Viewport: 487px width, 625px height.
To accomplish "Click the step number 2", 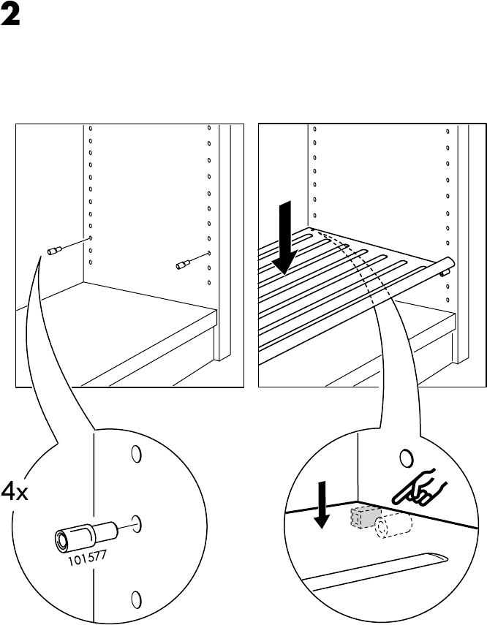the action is pyautogui.click(x=10, y=17).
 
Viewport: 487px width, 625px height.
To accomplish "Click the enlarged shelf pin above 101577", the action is pyautogui.click(x=86, y=535).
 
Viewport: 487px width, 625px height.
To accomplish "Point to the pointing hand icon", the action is pyautogui.click(x=420, y=488).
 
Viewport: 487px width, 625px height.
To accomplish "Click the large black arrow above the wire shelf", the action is pyautogui.click(x=286, y=238).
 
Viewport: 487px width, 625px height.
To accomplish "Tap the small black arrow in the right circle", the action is pyautogui.click(x=322, y=504).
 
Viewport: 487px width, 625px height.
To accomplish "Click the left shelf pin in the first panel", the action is pyautogui.click(x=54, y=251).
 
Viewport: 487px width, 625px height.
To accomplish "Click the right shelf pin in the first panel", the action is pyautogui.click(x=183, y=265).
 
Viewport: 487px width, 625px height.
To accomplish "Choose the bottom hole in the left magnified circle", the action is pyautogui.click(x=137, y=601).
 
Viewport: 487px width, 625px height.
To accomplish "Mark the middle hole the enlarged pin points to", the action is pyautogui.click(x=137, y=523).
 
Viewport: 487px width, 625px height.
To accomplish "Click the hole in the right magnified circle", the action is pyautogui.click(x=406, y=458).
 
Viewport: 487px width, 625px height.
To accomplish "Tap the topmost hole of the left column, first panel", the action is pyautogui.click(x=91, y=129).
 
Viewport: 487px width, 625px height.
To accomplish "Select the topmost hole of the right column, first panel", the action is pyautogui.click(x=209, y=128).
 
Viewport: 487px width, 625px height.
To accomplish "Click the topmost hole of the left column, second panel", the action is pyautogui.click(x=314, y=129).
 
